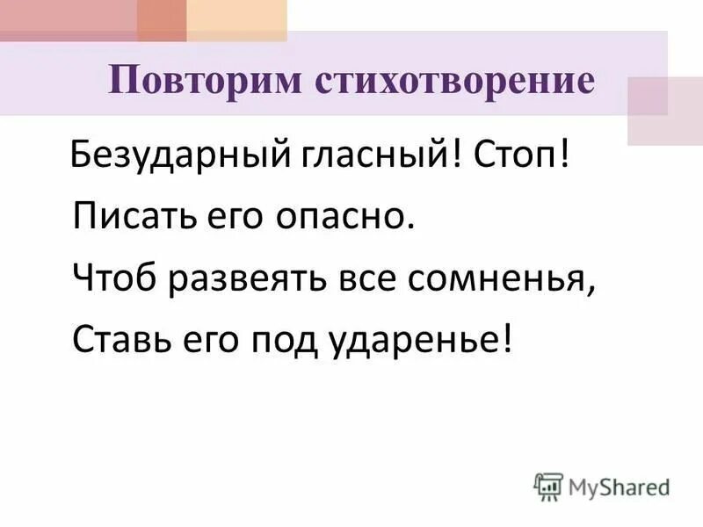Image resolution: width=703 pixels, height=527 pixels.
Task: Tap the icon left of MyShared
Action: tap(547, 485)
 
